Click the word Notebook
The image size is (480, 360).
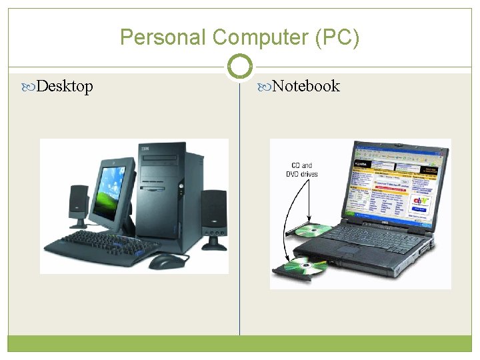(x=306, y=86)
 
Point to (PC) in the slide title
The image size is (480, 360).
(x=340, y=37)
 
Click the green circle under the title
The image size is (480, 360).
(x=239, y=67)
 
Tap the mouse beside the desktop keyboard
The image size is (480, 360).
(x=166, y=261)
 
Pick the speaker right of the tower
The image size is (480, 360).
(x=214, y=217)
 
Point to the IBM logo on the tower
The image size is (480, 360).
(x=145, y=148)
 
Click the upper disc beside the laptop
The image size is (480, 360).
(x=313, y=231)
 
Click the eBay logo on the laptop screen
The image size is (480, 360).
(x=419, y=199)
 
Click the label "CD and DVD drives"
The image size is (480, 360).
(x=301, y=170)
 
